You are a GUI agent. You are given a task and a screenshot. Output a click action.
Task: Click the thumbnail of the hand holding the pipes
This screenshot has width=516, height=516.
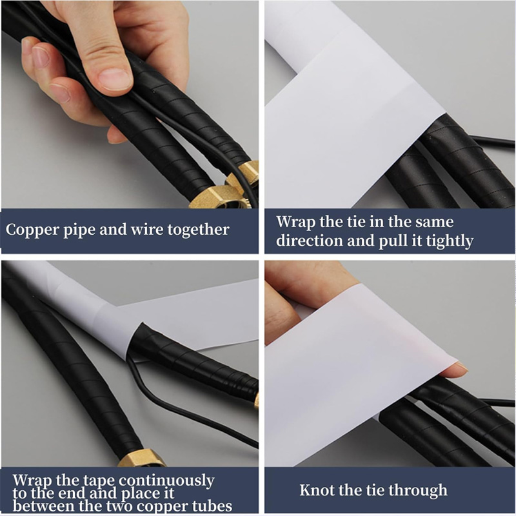(130, 104)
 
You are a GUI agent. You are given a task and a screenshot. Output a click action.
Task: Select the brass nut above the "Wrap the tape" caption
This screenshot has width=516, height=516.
(142, 458)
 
